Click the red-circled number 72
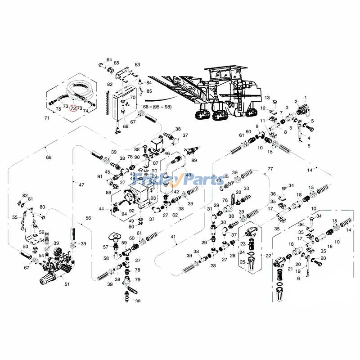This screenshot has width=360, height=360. [x=73, y=108]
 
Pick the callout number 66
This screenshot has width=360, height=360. [x=49, y=157]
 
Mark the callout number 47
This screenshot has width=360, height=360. [x=81, y=185]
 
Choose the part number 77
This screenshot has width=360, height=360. [x=270, y=169]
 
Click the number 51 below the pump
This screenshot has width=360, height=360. [x=67, y=284]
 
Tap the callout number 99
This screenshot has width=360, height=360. [x=194, y=161]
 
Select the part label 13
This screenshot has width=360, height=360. [x=267, y=98]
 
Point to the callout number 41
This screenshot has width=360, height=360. [x=173, y=237]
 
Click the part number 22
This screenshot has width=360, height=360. [x=268, y=256]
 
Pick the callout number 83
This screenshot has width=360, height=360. [x=110, y=84]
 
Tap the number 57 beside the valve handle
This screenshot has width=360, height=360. [x=106, y=247]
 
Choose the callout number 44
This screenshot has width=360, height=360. [x=101, y=209]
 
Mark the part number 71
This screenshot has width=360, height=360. [x=46, y=118]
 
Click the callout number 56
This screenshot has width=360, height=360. [x=88, y=218]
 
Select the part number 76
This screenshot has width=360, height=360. [x=225, y=201]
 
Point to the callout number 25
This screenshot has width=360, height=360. [x=242, y=262]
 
